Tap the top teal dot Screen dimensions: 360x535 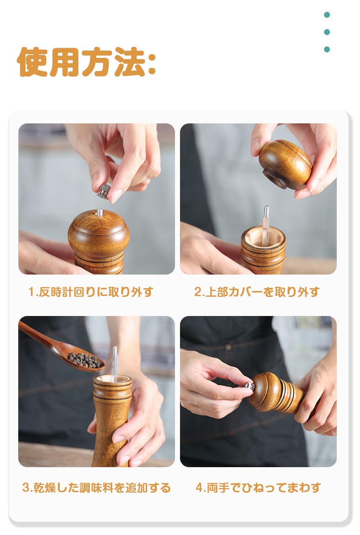pyautogui.click(x=327, y=15)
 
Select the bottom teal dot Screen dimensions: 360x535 pyautogui.click(x=327, y=50)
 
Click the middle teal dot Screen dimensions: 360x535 pyautogui.click(x=327, y=32)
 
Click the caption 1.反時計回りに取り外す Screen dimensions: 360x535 pyautogui.click(x=91, y=292)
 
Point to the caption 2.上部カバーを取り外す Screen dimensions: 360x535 pyautogui.click(x=257, y=292)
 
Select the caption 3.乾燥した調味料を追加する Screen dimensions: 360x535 pyautogui.click(x=96, y=488)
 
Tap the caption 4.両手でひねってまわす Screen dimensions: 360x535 pyautogui.click(x=258, y=488)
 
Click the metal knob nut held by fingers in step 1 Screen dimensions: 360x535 pyautogui.click(x=104, y=191)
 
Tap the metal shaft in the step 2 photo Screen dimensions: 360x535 pyautogui.click(x=266, y=225)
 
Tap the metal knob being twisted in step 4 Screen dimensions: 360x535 pyautogui.click(x=249, y=386)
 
